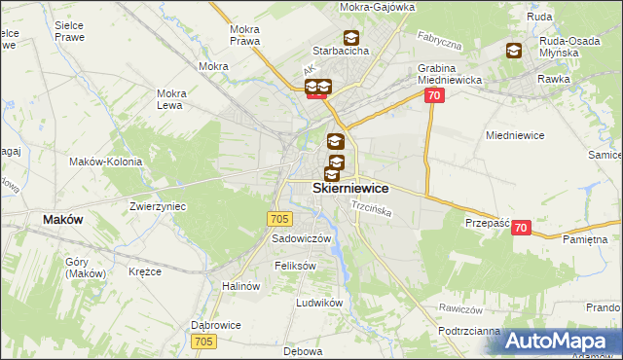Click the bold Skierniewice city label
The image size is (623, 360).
(x=350, y=189)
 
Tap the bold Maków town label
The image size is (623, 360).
(x=62, y=220)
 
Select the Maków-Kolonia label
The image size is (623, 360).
(x=106, y=162)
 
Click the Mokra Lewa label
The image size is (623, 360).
(x=171, y=100)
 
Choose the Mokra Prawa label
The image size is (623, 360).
(x=243, y=35)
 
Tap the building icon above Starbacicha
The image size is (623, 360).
(x=350, y=37)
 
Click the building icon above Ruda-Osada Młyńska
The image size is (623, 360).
(x=513, y=52)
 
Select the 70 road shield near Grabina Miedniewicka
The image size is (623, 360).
(x=434, y=95)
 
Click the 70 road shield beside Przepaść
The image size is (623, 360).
(x=522, y=228)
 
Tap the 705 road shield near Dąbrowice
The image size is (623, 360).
(x=203, y=342)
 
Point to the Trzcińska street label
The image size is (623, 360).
(x=371, y=209)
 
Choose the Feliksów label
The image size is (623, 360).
(x=296, y=265)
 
